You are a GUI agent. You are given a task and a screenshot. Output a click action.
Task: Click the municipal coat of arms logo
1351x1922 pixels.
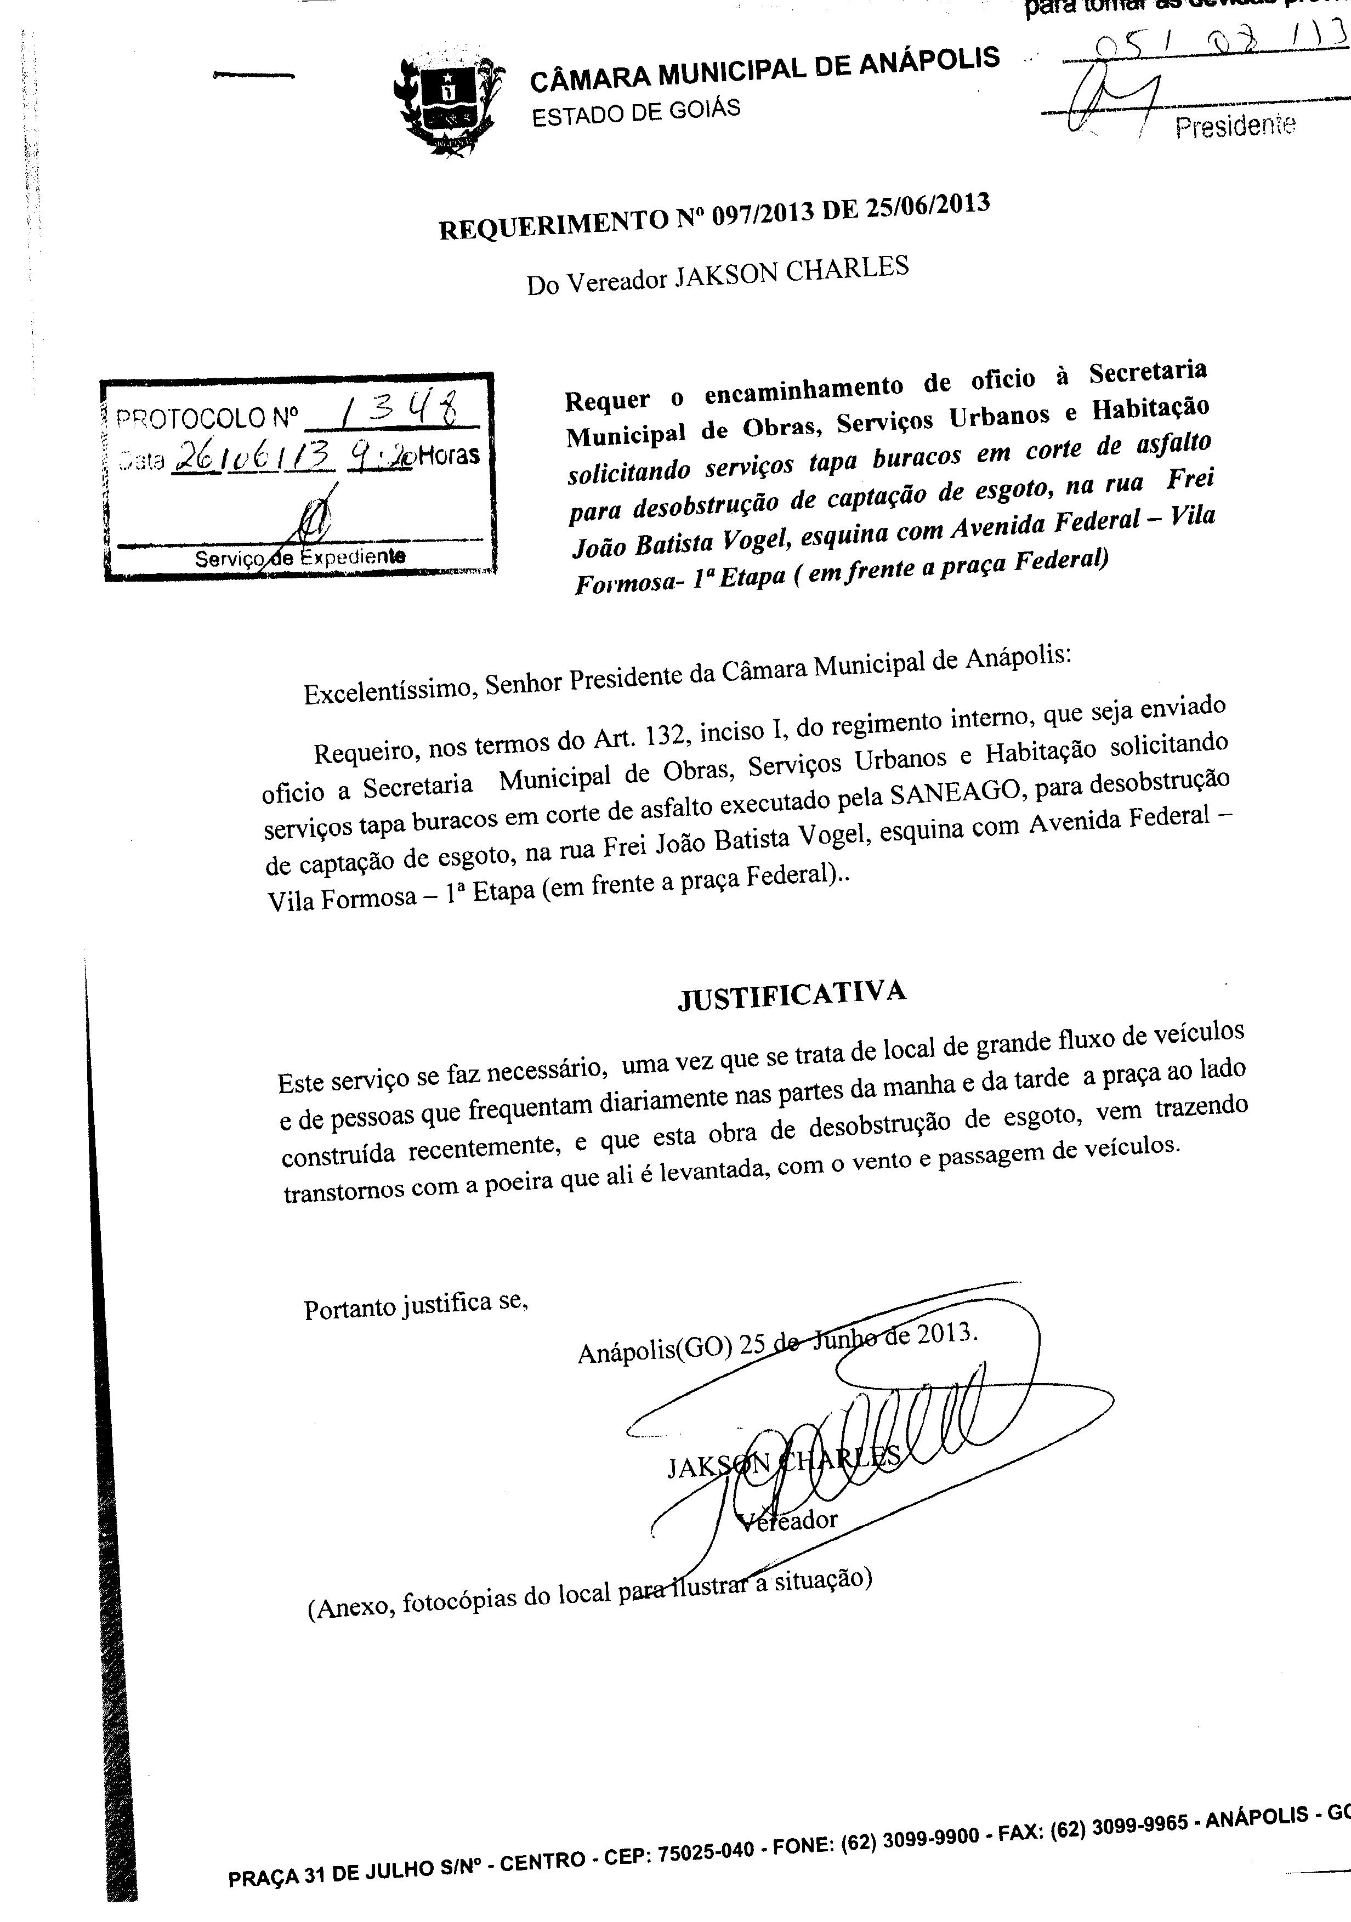point(450,104)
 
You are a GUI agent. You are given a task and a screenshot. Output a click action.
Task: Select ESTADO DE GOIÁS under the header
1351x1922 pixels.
point(636,111)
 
